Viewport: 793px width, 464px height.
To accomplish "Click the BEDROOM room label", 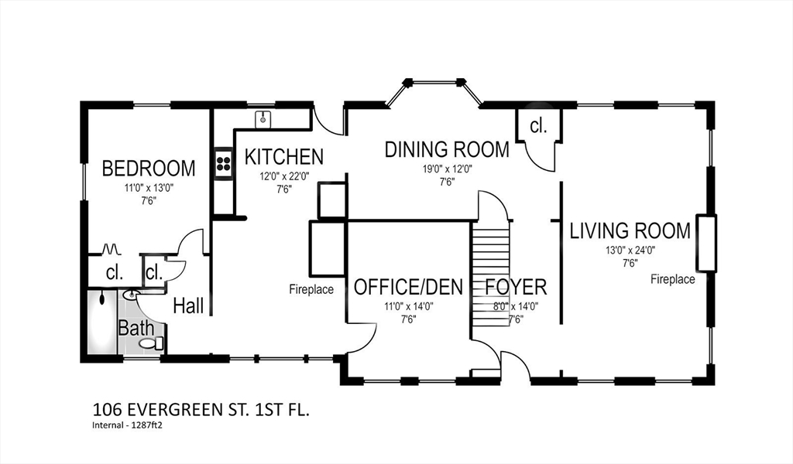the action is (x=149, y=168).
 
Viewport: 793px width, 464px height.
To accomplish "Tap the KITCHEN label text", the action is (x=283, y=157).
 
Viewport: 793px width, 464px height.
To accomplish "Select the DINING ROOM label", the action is (x=447, y=149).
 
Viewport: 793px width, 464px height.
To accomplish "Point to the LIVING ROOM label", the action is (x=630, y=230).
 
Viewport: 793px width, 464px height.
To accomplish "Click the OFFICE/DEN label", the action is (x=408, y=287).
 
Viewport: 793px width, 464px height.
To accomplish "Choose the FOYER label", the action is (x=516, y=287).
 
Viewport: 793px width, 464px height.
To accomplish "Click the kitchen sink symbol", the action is (x=263, y=120).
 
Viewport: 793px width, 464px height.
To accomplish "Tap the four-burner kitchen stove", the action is (x=224, y=162).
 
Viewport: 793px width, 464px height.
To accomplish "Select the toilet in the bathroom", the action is (x=151, y=344).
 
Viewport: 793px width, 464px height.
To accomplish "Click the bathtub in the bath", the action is (x=102, y=322).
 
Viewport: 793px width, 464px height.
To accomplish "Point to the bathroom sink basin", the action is (x=130, y=295).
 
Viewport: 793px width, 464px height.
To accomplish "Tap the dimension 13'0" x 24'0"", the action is (x=630, y=250).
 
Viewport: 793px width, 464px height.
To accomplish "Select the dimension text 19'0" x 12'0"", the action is (x=447, y=169).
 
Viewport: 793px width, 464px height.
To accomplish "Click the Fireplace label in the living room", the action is (x=673, y=278).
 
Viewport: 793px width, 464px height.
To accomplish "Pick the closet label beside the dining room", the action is (x=538, y=126).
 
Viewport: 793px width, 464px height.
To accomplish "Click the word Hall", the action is (x=189, y=305).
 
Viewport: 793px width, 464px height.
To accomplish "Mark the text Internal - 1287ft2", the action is (x=129, y=425).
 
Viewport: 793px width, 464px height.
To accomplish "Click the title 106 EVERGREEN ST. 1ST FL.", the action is (x=201, y=409).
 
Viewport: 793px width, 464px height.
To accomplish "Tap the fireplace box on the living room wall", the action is (x=706, y=243).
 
